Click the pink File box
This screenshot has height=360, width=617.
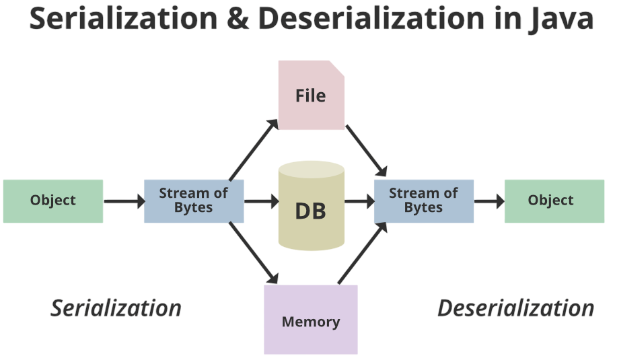coord(311,96)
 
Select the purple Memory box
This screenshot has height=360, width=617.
coord(311,320)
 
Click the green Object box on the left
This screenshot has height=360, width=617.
coord(53,201)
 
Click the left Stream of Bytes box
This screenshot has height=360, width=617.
coord(194,201)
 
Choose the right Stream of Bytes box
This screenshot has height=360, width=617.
coord(423,201)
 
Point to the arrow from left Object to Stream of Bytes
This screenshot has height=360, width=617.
coord(124,201)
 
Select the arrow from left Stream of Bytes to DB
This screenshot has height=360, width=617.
coord(261,201)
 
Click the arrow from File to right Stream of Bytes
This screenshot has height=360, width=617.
coord(367,149)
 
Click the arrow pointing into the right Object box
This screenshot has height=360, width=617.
coord(489,201)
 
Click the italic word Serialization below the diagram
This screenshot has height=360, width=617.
coord(116,308)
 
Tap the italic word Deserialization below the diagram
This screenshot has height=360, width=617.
coord(515,308)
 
